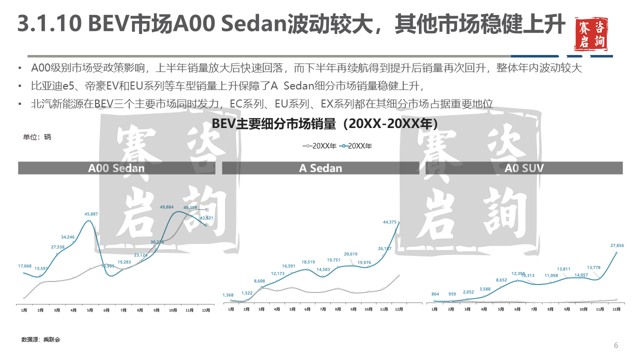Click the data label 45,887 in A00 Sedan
click(91, 214)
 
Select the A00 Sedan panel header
click(116, 168)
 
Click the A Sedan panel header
click(320, 168)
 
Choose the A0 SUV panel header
click(524, 168)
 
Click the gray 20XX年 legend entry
click(319, 146)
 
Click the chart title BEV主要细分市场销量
click(324, 123)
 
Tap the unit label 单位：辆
click(37, 137)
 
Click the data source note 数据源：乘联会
click(40, 339)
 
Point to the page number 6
click(616, 345)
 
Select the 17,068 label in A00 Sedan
click(24, 266)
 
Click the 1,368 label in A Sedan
click(228, 295)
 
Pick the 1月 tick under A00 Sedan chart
click(24, 310)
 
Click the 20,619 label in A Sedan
click(351, 254)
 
